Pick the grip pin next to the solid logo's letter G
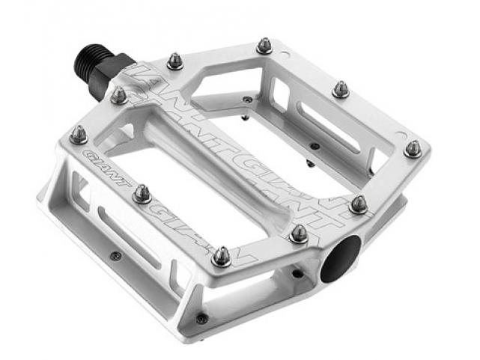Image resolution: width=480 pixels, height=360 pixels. tap(78, 135)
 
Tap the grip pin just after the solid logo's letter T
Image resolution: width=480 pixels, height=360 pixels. tap(142, 195)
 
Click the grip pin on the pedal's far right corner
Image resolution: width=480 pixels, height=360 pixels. tap(413, 147)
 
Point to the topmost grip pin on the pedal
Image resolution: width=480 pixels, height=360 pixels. tap(264, 46)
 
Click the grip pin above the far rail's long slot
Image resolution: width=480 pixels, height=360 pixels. tap(341, 89)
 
